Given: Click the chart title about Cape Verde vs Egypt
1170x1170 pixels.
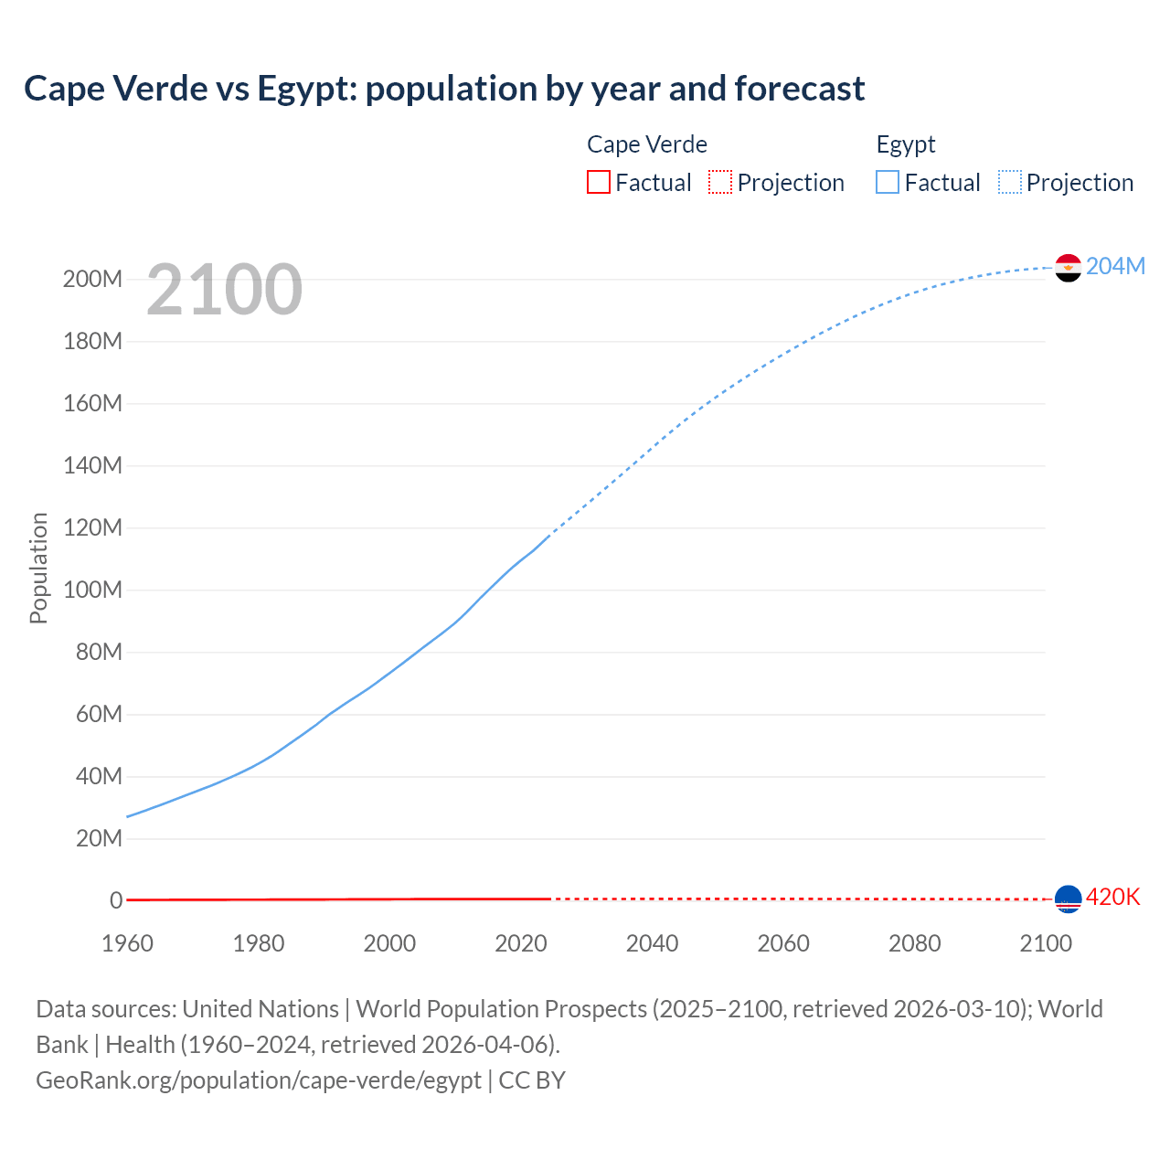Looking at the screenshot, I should point(444,89).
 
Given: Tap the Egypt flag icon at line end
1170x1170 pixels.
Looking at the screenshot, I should point(1068,268).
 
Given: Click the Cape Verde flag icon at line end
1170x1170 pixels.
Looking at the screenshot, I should point(1068,899).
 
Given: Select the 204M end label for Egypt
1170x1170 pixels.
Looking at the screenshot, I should point(1115,266).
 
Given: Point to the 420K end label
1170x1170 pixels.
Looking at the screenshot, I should point(1112,898).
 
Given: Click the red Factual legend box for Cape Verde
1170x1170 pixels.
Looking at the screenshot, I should point(599,182).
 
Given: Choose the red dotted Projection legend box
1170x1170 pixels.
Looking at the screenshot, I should point(720,182).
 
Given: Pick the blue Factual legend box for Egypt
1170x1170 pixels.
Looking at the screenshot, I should point(888,182).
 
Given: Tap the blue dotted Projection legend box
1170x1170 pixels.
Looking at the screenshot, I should point(1010,182).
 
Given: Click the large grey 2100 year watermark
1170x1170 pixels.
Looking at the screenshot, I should point(224,290).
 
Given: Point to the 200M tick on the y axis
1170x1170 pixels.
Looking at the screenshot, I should point(92,279).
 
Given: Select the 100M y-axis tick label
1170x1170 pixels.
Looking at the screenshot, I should point(92,590).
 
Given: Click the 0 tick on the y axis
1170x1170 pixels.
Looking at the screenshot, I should point(116,900).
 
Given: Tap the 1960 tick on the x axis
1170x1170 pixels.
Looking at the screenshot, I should point(127,943).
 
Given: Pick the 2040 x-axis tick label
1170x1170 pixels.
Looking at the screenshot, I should point(652,943).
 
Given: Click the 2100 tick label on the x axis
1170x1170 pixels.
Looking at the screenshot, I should point(1045,943).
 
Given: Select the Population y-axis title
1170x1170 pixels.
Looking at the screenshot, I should point(38,568).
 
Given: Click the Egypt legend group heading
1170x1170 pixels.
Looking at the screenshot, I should point(906,144).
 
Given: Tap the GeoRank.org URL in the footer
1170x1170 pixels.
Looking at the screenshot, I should point(259,1080).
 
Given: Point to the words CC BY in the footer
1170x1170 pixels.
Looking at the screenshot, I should point(532,1080).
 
